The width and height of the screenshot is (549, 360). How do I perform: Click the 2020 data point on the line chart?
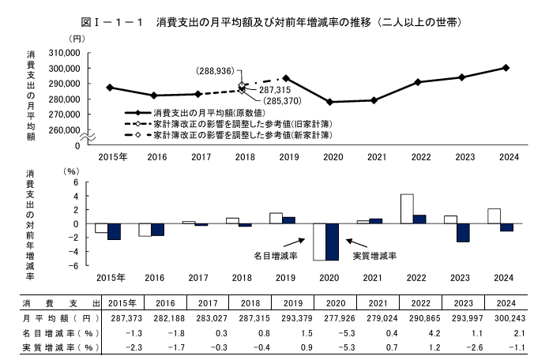(329, 102)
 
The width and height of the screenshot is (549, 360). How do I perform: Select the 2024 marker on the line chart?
(506, 67)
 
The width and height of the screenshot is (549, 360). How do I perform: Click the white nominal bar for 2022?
(408, 208)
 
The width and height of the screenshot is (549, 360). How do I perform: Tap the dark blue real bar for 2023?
(463, 232)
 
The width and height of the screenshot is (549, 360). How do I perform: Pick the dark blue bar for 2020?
(332, 242)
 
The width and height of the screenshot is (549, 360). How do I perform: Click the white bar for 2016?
(145, 230)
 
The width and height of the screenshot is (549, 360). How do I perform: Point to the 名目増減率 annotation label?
(275, 256)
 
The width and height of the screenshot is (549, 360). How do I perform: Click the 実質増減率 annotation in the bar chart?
(374, 256)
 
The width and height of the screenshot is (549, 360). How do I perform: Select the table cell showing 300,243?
(506, 318)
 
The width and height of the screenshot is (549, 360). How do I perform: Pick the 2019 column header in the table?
(287, 303)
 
